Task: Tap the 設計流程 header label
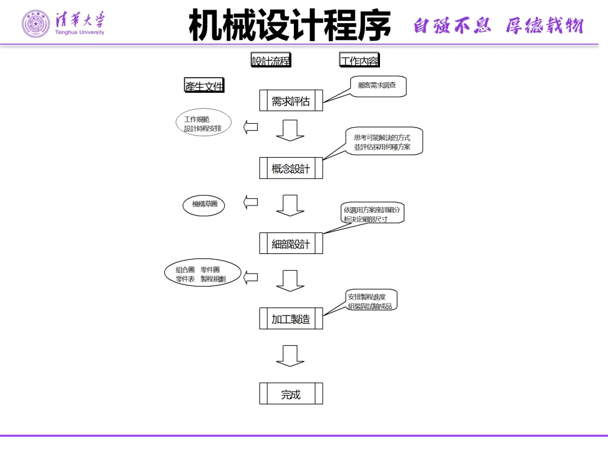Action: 271,61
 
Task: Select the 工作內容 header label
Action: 359,61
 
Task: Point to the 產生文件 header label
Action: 204,86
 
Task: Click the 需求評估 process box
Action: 291,101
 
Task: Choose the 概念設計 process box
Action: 291,168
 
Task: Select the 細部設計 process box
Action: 291,244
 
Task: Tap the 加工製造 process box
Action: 291,319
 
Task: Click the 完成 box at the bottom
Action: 291,394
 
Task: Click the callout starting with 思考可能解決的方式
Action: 382,141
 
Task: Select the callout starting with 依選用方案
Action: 372,214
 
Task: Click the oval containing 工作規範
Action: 203,124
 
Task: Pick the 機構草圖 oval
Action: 204,204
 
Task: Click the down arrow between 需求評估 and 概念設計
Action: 290,130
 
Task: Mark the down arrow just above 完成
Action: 290,356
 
